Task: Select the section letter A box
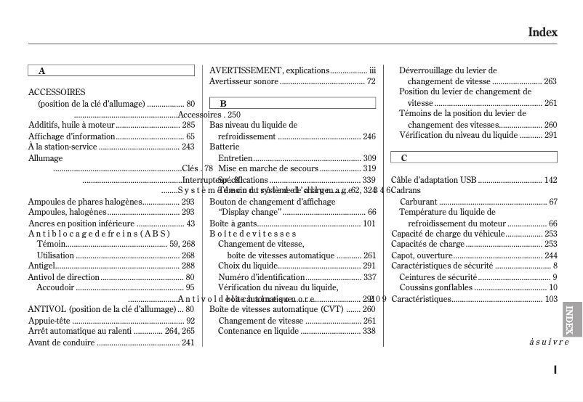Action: (111, 71)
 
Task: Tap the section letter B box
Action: (292, 104)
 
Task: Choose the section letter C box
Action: (474, 157)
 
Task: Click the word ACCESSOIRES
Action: (57, 92)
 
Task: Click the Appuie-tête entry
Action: (49, 320)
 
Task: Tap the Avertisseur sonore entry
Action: (244, 81)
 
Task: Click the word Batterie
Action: (225, 147)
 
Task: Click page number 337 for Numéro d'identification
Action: (369, 277)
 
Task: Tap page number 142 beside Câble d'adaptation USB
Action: (550, 180)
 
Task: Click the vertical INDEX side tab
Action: (571, 319)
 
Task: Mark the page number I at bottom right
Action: (555, 369)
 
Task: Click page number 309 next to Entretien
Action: (369, 158)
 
